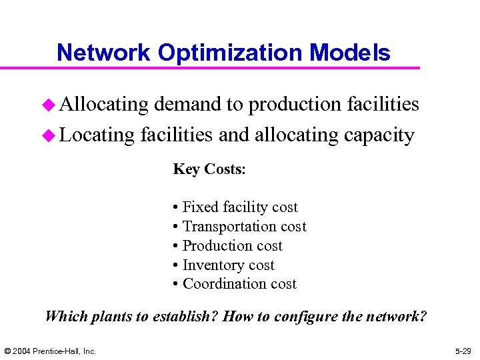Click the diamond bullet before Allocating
coord(49,105)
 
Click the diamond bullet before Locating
coord(49,135)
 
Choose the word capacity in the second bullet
coord(379,135)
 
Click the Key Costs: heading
coord(209,169)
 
